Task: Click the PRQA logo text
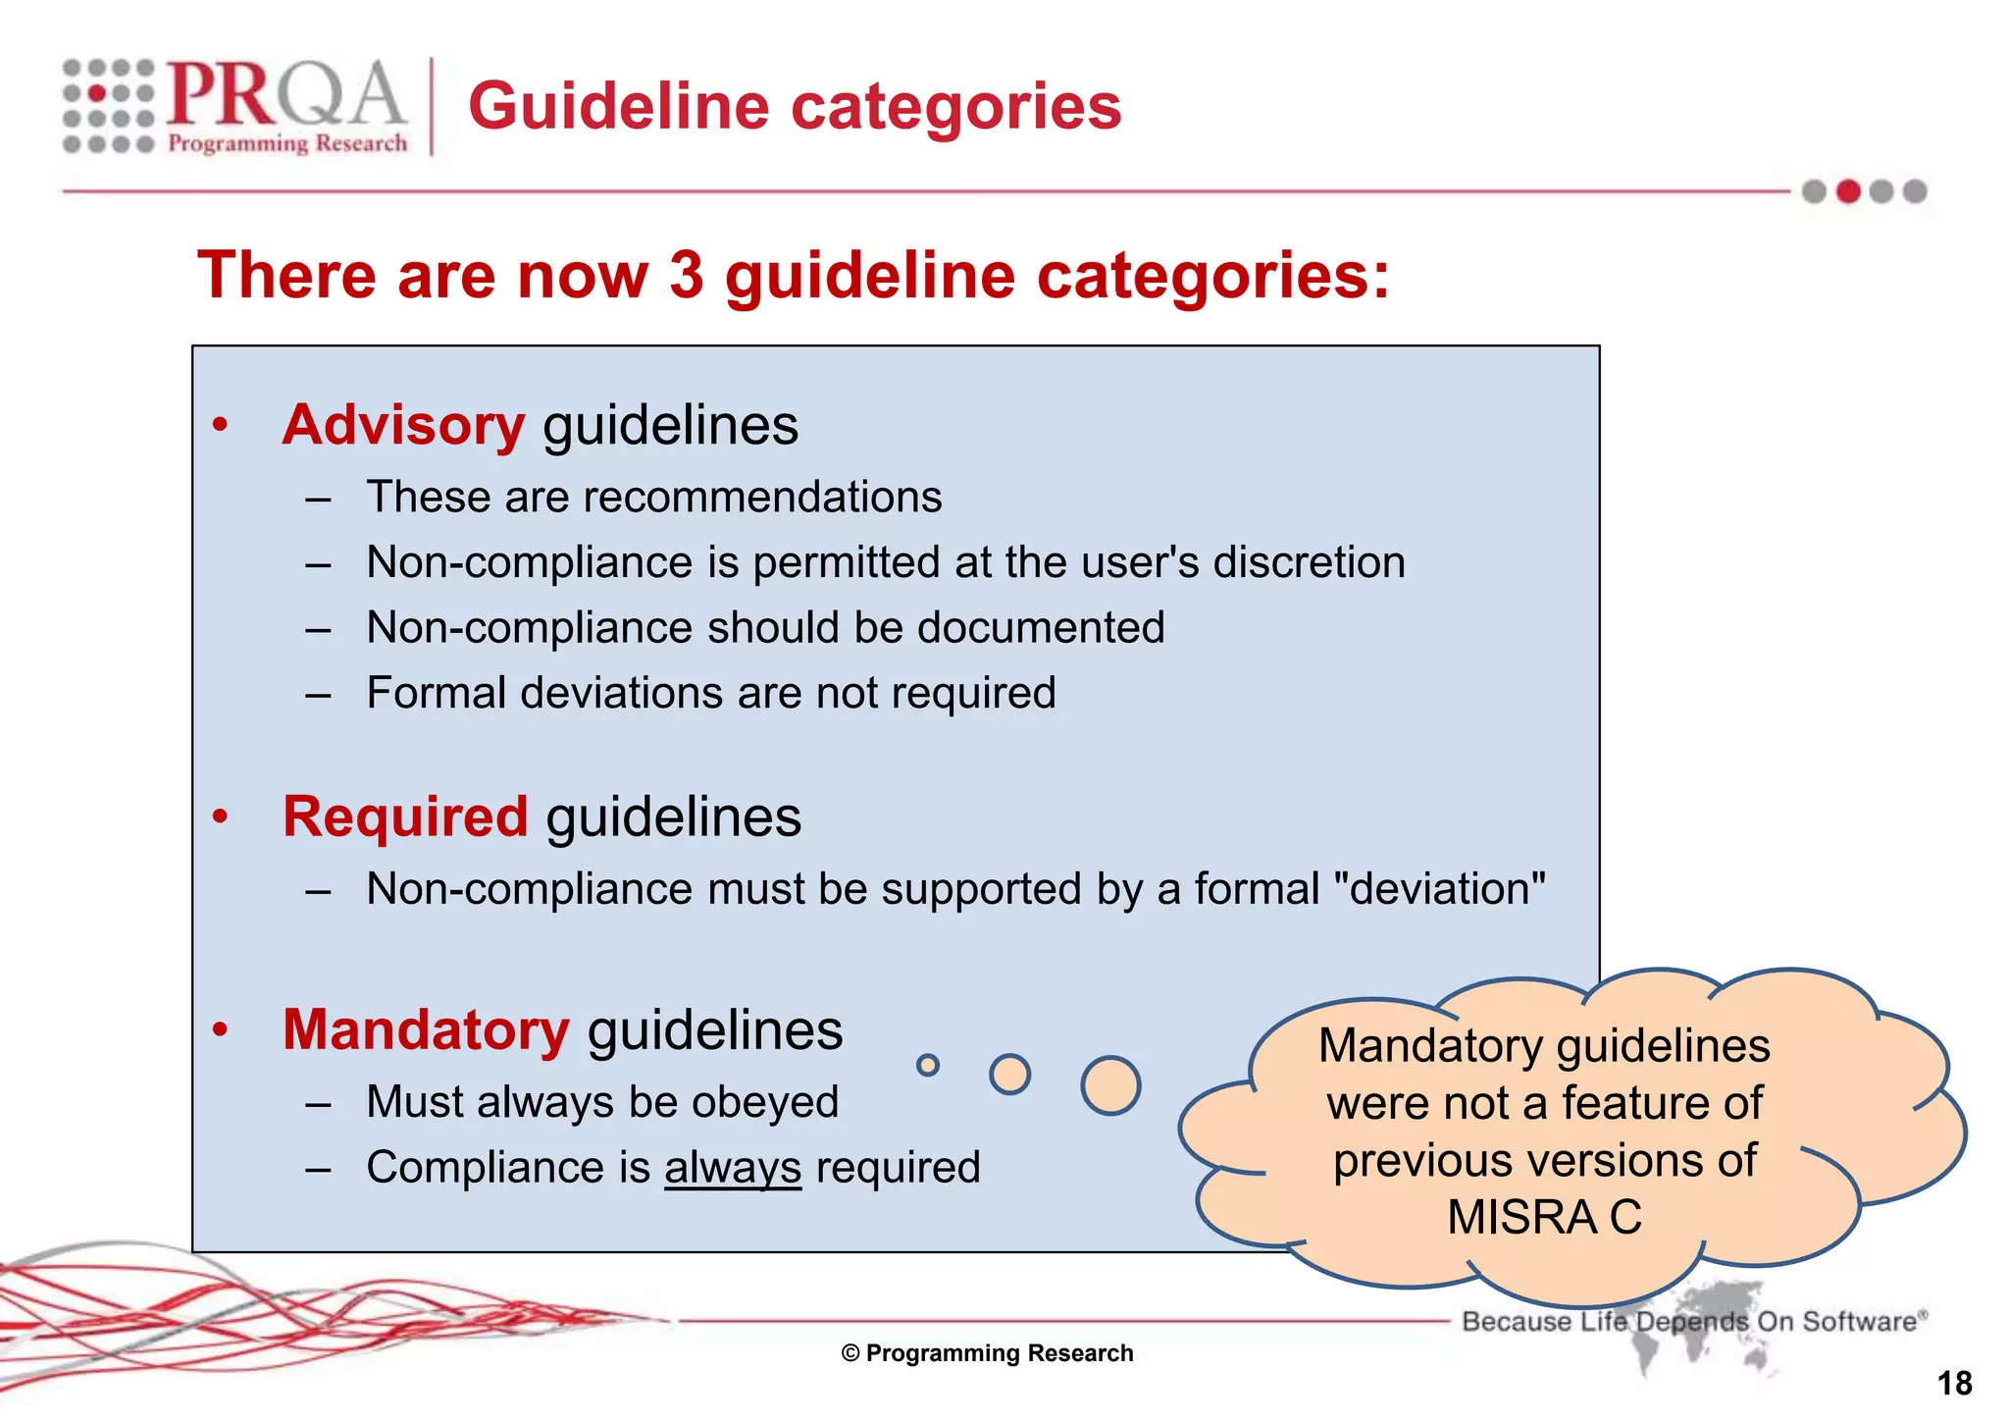(284, 95)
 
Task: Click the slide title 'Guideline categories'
(795, 106)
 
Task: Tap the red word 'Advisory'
(403, 426)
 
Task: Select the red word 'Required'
(405, 816)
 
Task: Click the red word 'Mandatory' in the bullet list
(426, 1030)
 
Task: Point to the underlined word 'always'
(733, 1168)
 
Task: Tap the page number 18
(1954, 1384)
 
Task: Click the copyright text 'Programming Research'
(999, 1353)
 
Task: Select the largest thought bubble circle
(1110, 1085)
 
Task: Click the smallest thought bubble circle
(927, 1065)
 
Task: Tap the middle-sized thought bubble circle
(1009, 1074)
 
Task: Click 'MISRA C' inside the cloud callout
(1544, 1218)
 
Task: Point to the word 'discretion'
(1309, 563)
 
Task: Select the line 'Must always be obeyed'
(602, 1102)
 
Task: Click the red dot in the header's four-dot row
(1848, 191)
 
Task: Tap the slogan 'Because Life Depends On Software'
(1693, 1321)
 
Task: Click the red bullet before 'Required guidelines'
(221, 816)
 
